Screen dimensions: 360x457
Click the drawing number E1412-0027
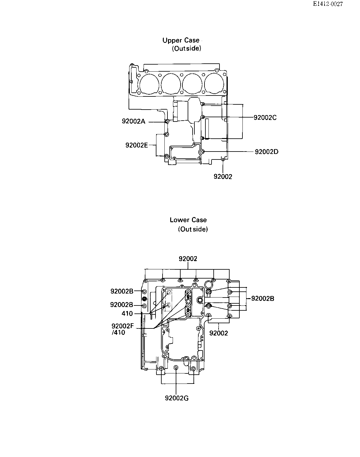(328, 4)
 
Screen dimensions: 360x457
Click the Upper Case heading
(181, 40)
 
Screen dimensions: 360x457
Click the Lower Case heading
(188, 220)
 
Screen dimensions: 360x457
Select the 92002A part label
(133, 121)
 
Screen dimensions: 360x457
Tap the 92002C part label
(265, 118)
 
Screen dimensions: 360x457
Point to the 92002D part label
(267, 152)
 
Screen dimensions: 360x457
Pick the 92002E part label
(137, 145)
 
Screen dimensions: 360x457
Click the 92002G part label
(177, 398)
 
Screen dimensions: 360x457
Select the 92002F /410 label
(122, 329)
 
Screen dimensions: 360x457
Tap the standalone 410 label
(127, 313)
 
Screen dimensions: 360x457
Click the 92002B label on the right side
(263, 298)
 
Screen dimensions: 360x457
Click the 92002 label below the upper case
(223, 177)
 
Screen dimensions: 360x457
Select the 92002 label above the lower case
(188, 259)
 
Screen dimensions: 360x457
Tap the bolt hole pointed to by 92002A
(167, 122)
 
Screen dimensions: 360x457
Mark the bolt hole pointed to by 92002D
(203, 152)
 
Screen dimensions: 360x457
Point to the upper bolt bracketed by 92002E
(167, 134)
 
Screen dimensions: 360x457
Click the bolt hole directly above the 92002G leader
(176, 367)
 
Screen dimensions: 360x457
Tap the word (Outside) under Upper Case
(186, 49)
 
